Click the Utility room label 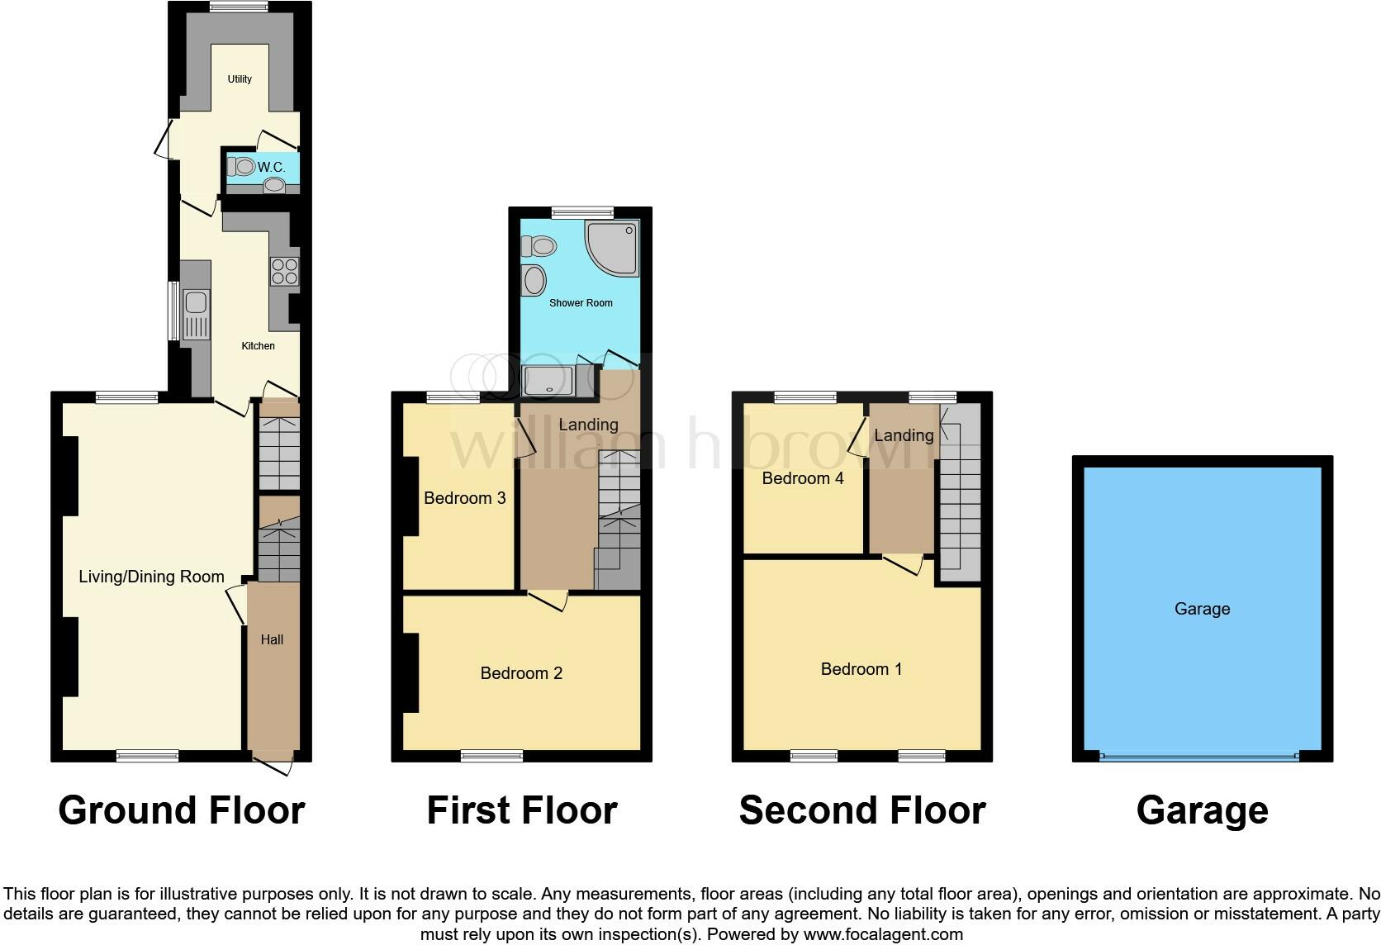pyautogui.click(x=240, y=79)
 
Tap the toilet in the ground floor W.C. pyautogui.click(x=241, y=166)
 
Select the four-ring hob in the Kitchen pyautogui.click(x=285, y=271)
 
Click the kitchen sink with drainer pyautogui.click(x=196, y=315)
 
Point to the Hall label pyautogui.click(x=272, y=640)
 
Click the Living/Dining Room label pyautogui.click(x=152, y=577)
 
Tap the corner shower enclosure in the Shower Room pyautogui.click(x=611, y=248)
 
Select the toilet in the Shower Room pyautogui.click(x=539, y=246)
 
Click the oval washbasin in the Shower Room pyautogui.click(x=534, y=281)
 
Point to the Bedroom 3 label pyautogui.click(x=465, y=498)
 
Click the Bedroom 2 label pyautogui.click(x=521, y=673)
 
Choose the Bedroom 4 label pyautogui.click(x=803, y=478)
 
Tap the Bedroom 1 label pyautogui.click(x=861, y=669)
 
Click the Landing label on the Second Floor pyautogui.click(x=904, y=436)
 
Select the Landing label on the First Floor pyautogui.click(x=589, y=425)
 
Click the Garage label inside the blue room pyautogui.click(x=1203, y=609)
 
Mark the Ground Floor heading pyautogui.click(x=182, y=810)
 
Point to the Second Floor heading pyautogui.click(x=862, y=810)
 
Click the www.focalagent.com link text pyautogui.click(x=884, y=934)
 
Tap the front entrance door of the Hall pyautogui.click(x=273, y=767)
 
